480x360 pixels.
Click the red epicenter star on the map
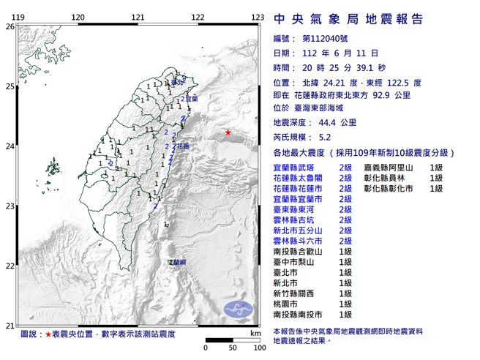228,132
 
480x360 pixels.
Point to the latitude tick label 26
10,26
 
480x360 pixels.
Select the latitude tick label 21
10,326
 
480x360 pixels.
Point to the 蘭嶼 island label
177,261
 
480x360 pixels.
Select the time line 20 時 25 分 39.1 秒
340,67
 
